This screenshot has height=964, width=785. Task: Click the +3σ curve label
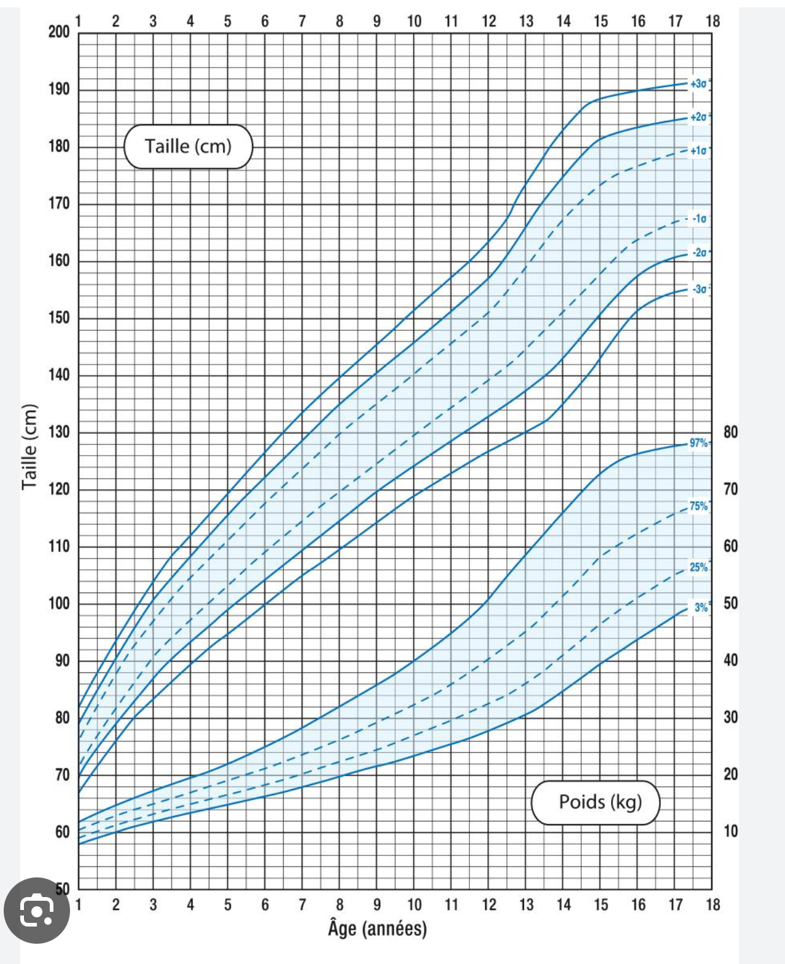[x=698, y=84]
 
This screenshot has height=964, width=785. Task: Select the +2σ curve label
[x=698, y=117]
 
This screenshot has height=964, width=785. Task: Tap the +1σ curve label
[x=698, y=150]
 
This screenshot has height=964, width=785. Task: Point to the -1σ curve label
[x=700, y=219]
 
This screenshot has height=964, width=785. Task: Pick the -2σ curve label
[x=700, y=252]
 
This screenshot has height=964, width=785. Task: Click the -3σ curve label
[x=700, y=289]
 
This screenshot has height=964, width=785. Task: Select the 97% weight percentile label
[x=698, y=443]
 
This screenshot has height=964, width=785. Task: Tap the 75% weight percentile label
[x=698, y=506]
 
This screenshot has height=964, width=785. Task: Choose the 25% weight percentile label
[x=698, y=567]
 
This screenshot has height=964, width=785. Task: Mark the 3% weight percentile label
[x=701, y=607]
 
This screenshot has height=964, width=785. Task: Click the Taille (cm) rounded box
[x=188, y=147]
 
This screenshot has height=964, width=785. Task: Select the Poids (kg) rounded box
[x=595, y=802]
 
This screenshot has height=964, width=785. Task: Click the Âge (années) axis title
[x=377, y=928]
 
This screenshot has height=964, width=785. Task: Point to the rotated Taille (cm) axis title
[x=29, y=446]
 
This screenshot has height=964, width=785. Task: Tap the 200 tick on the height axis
[x=59, y=32]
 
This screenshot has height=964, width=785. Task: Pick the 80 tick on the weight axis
[x=730, y=432]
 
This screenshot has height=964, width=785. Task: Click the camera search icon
[x=37, y=911]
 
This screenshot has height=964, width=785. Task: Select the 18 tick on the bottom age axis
[x=713, y=904]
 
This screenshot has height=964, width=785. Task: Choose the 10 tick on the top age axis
[x=414, y=21]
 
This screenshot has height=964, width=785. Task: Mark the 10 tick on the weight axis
[x=730, y=831]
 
